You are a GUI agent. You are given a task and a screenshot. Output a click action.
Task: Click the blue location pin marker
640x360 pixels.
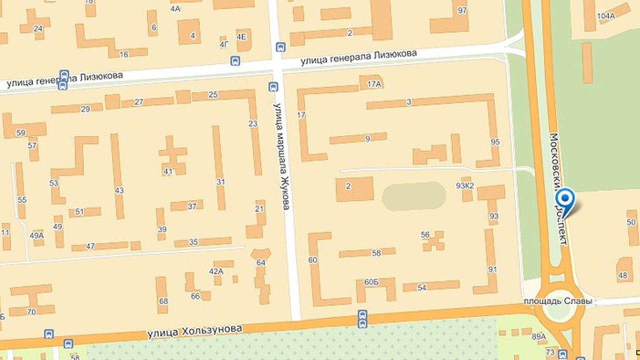pos(565,199)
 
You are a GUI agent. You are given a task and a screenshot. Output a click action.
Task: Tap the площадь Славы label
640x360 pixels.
pos(557,301)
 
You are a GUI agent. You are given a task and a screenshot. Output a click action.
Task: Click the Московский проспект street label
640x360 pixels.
pos(559,188)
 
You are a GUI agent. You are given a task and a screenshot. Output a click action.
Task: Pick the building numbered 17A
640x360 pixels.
pos(372,82)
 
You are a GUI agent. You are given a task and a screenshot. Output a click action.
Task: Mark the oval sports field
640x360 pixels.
pos(414,196)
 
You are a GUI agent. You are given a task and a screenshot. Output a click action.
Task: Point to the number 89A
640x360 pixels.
pos(538,336)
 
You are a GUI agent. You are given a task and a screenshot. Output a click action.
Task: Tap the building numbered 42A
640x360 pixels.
pos(217,270)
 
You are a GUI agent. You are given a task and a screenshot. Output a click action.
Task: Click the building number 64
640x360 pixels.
pos(260,262)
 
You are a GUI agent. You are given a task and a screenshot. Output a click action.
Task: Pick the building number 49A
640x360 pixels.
pos(37,235)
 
